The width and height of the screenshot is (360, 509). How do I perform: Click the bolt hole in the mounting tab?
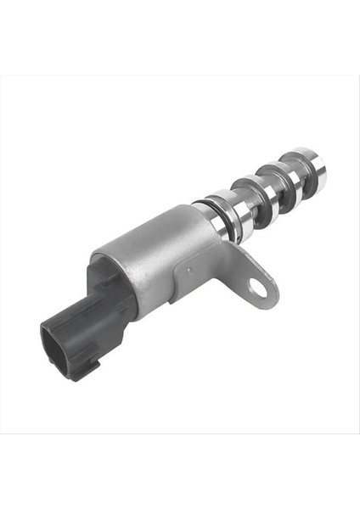[258, 289]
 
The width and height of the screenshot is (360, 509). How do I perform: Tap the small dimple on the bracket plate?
[190, 271]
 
